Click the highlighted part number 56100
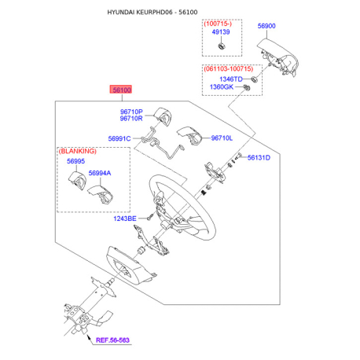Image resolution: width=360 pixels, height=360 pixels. click(123, 90)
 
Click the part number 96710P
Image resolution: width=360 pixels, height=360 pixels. click(131, 112)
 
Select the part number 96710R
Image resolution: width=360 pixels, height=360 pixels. click(131, 119)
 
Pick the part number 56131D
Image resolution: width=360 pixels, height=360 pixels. click(259, 158)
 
